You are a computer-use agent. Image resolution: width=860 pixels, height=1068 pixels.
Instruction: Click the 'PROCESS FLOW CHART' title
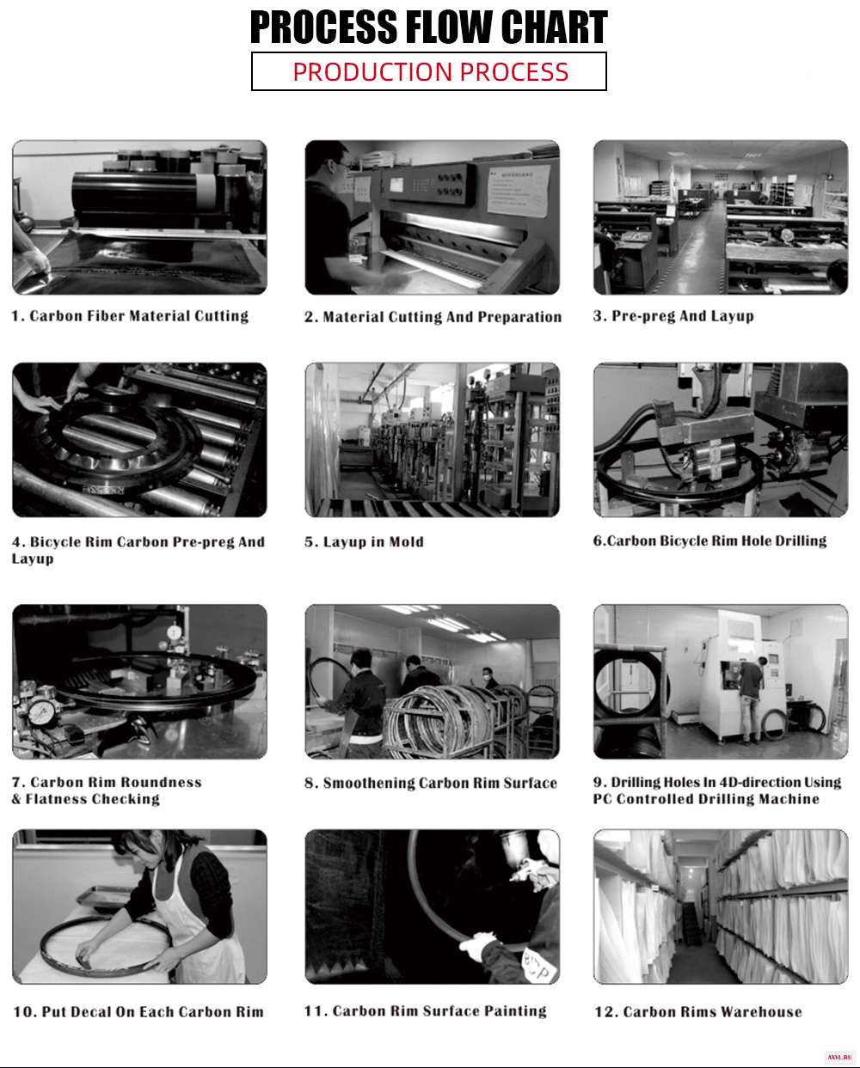tap(428, 27)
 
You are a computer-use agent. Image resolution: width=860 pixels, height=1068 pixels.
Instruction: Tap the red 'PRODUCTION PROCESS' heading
tap(430, 72)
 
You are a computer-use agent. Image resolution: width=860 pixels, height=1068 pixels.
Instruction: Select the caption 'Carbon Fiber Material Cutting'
tap(139, 316)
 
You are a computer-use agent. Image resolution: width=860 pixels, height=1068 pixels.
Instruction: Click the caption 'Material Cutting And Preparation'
tap(442, 317)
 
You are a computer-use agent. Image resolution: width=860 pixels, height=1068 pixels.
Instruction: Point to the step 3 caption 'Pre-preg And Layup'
tap(683, 316)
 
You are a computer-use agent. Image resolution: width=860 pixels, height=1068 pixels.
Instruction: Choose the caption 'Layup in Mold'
tap(373, 541)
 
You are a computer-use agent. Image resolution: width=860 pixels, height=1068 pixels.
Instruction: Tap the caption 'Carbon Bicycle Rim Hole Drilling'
tap(717, 540)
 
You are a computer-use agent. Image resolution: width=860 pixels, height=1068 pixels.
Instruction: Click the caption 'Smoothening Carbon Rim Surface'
tap(440, 783)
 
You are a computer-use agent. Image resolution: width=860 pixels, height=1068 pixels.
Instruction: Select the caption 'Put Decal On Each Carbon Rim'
tap(152, 1012)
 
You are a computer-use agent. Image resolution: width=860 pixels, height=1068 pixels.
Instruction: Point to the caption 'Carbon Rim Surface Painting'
tap(439, 1011)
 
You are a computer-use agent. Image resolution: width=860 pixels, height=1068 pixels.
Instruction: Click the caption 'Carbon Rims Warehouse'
tap(712, 1012)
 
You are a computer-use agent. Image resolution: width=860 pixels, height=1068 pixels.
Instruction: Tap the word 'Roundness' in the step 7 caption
tap(161, 782)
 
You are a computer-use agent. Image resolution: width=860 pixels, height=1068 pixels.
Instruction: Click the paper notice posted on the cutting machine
tap(519, 191)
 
